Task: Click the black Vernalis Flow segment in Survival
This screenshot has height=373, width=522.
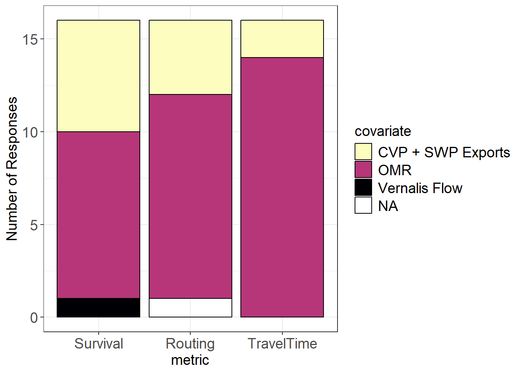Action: point(98,307)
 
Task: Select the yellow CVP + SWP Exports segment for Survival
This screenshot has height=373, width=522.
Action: point(98,76)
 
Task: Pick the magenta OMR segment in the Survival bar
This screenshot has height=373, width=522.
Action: point(98,215)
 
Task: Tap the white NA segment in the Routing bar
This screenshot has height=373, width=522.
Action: point(190,307)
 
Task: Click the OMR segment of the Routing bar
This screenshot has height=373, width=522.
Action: point(190,196)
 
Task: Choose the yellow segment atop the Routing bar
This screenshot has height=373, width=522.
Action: point(190,58)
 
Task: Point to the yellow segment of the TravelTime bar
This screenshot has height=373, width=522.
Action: point(282,39)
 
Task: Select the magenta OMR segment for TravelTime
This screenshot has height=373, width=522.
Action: point(282,187)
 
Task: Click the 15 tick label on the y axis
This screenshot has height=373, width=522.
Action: point(30,39)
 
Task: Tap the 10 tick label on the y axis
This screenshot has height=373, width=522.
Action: point(30,132)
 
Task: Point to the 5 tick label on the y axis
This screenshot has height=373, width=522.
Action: point(34,225)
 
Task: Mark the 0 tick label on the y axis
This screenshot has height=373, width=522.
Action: point(34,317)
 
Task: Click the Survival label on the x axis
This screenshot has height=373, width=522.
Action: point(99,343)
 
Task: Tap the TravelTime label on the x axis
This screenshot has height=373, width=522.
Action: point(282,343)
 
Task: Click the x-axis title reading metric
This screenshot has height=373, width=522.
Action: point(190,360)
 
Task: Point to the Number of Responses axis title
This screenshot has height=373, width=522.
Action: point(12,169)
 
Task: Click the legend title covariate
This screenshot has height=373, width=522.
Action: point(383,131)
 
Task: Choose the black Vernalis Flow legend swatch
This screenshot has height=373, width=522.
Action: point(363,187)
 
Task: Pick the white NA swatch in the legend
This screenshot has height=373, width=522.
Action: point(363,205)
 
